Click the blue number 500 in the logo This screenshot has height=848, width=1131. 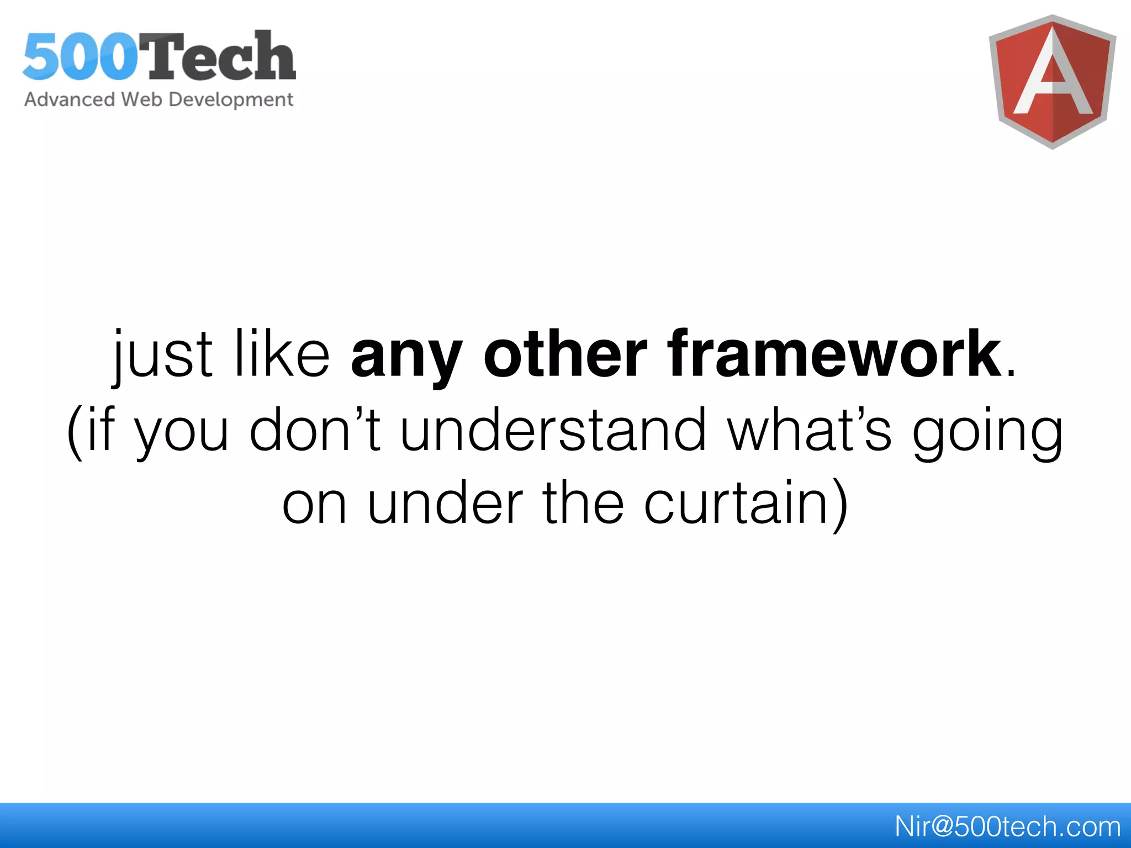point(80,56)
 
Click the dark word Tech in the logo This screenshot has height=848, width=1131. point(218,56)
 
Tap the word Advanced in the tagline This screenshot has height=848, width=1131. point(69,99)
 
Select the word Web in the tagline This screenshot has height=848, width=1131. point(141,99)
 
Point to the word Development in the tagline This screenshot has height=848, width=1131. point(230,100)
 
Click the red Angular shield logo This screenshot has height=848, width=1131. point(1052,82)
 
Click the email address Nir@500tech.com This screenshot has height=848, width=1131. point(1007,826)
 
